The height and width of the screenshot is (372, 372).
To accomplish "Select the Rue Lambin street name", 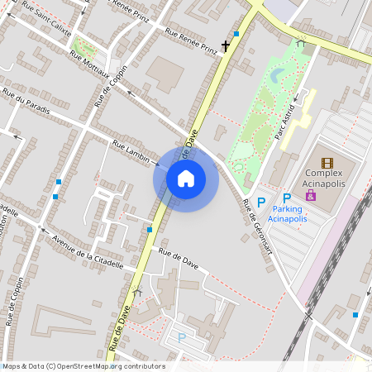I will (130, 151).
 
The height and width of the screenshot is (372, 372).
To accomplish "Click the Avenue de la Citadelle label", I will (87, 252).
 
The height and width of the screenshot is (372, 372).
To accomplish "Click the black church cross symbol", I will (225, 46).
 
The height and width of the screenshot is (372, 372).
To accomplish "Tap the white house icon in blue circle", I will (186, 179).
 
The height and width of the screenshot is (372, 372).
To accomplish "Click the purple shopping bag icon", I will (311, 196).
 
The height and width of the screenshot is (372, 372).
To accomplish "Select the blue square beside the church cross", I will (236, 34).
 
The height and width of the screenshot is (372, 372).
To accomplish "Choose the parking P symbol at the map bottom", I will (182, 337).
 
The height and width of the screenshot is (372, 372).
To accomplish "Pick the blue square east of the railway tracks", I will (355, 314).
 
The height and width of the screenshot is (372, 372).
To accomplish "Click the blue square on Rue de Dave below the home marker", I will (150, 229).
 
